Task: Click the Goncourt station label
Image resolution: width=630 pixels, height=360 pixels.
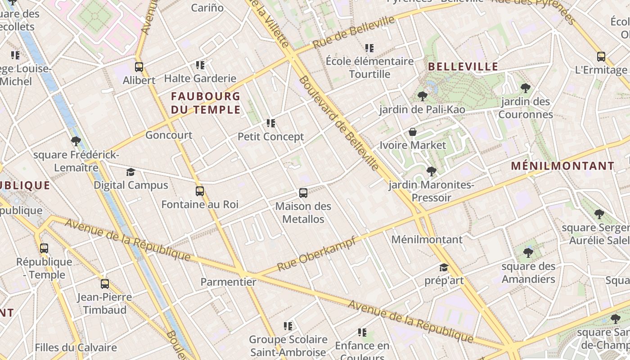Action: pyautogui.click(x=169, y=135)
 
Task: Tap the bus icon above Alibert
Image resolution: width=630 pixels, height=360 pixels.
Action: pyautogui.click(x=139, y=67)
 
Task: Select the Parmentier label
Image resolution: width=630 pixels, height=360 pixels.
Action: pyautogui.click(x=228, y=282)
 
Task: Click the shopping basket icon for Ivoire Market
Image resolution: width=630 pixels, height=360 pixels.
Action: pyautogui.click(x=413, y=132)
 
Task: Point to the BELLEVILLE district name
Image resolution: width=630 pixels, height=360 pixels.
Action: pyautogui.click(x=463, y=67)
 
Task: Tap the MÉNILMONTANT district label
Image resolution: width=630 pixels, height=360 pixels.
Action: pyautogui.click(x=562, y=166)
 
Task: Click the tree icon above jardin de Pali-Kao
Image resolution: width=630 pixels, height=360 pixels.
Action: pyautogui.click(x=422, y=96)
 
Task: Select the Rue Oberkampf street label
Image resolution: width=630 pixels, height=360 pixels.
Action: pyautogui.click(x=316, y=254)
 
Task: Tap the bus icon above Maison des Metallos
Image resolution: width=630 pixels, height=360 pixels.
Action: pyautogui.click(x=303, y=193)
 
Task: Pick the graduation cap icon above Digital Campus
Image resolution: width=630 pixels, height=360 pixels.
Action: pyautogui.click(x=130, y=172)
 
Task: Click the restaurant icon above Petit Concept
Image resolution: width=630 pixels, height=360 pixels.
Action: pyautogui.click(x=271, y=123)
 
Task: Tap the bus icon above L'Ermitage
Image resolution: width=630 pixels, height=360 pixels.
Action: pyautogui.click(x=601, y=57)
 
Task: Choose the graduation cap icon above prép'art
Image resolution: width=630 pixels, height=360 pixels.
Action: pyautogui.click(x=444, y=267)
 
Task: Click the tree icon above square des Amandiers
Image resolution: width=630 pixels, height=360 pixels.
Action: pyautogui.click(x=528, y=252)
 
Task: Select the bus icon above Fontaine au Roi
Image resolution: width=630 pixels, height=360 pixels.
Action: pyautogui.click(x=200, y=191)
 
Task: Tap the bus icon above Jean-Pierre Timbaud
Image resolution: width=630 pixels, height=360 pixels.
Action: pyautogui.click(x=105, y=284)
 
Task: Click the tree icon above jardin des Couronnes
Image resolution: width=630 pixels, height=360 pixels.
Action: pyautogui.click(x=525, y=88)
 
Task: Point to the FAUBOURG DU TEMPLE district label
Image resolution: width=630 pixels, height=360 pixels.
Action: pyautogui.click(x=206, y=103)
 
